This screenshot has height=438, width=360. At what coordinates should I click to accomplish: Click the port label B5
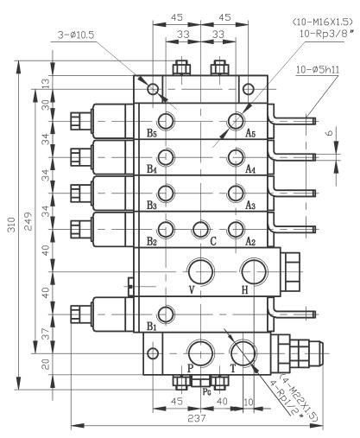152,134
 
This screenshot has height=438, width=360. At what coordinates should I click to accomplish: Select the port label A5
250,134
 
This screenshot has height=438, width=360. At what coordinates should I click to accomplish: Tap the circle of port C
201,229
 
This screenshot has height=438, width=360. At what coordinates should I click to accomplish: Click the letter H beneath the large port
244,290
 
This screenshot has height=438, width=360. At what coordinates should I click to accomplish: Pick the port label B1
152,327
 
